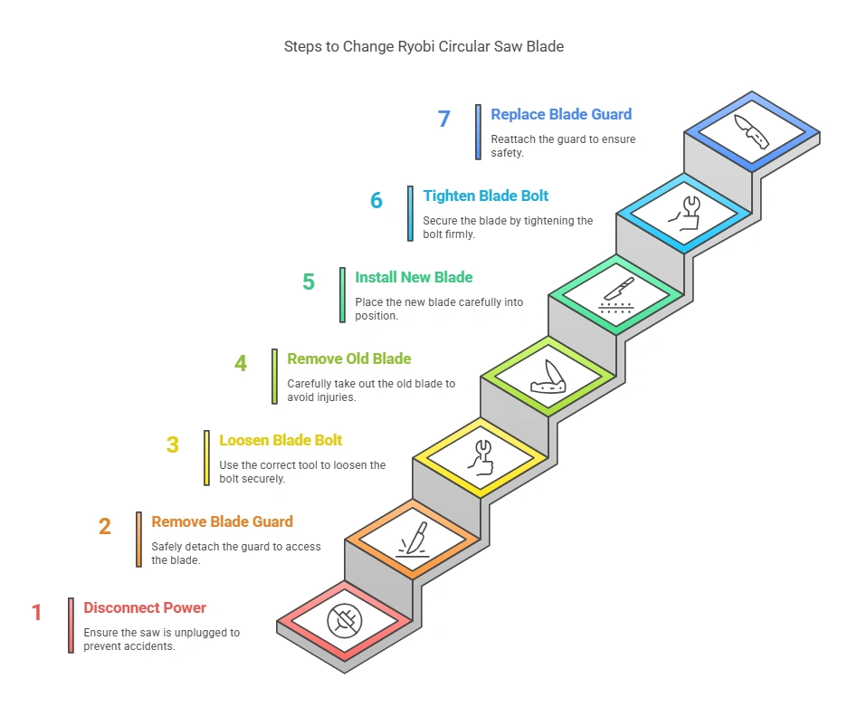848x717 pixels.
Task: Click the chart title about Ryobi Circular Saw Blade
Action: click(x=424, y=46)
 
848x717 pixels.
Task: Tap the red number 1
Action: click(x=37, y=613)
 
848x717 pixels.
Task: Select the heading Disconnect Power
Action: click(x=145, y=607)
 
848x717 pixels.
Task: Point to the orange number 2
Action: click(x=105, y=526)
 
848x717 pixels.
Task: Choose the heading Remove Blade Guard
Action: click(x=222, y=521)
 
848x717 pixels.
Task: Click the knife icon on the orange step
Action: click(x=412, y=540)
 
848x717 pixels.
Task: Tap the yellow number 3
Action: click(x=173, y=445)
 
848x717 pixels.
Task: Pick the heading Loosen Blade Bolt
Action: click(x=281, y=440)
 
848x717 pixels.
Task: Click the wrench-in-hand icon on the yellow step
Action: click(x=480, y=457)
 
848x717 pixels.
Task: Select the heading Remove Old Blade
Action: click(x=348, y=358)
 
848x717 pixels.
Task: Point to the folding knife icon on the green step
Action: click(x=548, y=377)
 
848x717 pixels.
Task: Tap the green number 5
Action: click(x=309, y=282)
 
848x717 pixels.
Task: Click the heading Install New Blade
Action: click(x=414, y=277)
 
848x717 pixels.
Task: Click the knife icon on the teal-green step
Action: click(x=615, y=295)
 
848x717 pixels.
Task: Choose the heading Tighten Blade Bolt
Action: click(x=485, y=196)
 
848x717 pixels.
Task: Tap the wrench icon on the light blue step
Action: click(x=683, y=213)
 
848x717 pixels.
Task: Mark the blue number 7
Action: click(x=443, y=119)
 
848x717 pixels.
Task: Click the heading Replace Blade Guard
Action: click(x=561, y=114)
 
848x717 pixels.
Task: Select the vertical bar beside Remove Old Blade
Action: click(x=275, y=377)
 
